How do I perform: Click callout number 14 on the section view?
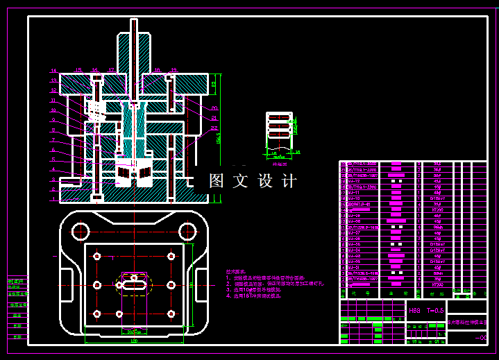[53, 71]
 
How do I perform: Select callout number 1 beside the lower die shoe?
[53, 198]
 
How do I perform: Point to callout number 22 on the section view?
[214, 128]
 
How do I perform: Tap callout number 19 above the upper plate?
[174, 69]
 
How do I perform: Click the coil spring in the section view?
[95, 110]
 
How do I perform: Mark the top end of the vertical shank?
[133, 21]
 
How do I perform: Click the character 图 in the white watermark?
[217, 181]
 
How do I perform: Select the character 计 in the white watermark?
[289, 181]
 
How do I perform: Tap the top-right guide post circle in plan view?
[186, 230]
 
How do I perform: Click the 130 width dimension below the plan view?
[133, 341]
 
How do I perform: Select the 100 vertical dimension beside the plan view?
[191, 284]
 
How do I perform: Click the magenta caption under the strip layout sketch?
[280, 165]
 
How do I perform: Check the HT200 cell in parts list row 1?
[437, 284]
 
